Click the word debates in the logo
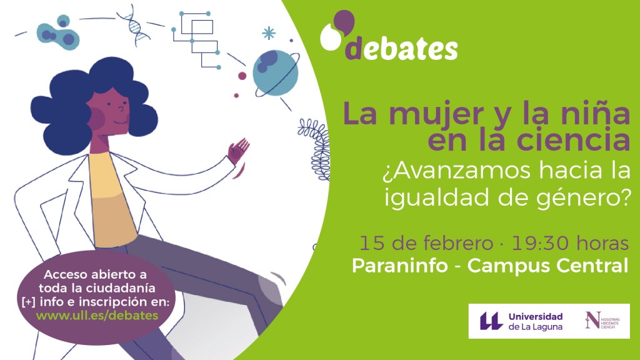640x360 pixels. pos(402,49)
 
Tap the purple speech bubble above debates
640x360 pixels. pos(344,22)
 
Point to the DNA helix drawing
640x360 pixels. pos(134,24)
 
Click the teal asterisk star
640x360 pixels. pos(269,33)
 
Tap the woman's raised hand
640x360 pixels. pos(238,151)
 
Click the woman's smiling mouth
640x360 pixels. pos(121,122)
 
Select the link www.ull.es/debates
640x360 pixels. pos(97,316)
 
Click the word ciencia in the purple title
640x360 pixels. pos(574,139)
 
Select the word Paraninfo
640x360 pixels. pos(399,266)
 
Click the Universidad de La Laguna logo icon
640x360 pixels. pos(491,321)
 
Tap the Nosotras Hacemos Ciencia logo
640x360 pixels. pos(602,321)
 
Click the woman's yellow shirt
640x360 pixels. pos(112,200)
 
